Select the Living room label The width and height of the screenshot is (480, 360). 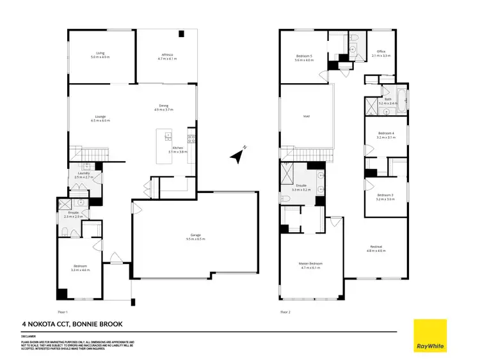coord(100,54)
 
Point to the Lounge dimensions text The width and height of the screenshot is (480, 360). coord(100,120)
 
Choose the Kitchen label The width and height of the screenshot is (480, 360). coord(178,148)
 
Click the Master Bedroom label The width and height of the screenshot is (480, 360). coord(310,263)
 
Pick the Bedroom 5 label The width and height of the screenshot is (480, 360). coord(304,56)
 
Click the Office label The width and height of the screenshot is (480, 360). coord(381,52)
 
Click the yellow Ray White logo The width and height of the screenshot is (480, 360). coord(430,334)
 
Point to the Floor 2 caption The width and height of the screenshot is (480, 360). coord(285,311)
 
